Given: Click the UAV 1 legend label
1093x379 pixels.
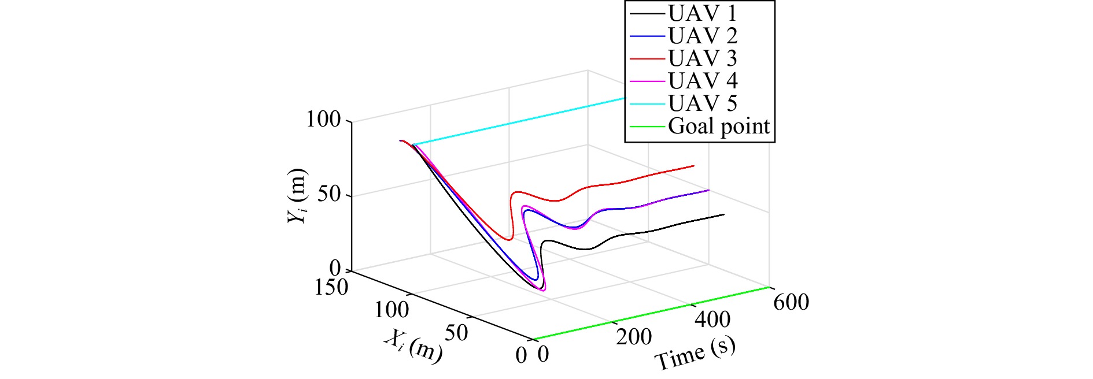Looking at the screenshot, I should click(702, 13).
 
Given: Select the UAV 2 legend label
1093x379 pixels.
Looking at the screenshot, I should click(702, 36).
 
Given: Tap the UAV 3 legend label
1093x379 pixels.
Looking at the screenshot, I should click(702, 58).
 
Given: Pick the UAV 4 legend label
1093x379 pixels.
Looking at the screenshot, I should click(702, 81).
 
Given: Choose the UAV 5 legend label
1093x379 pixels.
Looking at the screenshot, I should click(702, 103).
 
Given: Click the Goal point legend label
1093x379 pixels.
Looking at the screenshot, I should click(719, 126).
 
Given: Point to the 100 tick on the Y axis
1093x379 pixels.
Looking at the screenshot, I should click(324, 120).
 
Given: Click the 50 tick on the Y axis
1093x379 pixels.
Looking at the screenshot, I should click(330, 194).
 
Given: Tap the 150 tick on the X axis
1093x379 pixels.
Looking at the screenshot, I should click(331, 287).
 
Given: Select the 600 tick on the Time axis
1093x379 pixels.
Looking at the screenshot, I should click(791, 302).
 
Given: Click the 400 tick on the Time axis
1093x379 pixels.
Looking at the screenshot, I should click(712, 319).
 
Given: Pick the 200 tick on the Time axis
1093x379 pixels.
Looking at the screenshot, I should click(634, 337).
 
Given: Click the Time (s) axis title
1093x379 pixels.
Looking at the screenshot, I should click(695, 353).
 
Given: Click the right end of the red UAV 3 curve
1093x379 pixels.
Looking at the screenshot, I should click(693, 166).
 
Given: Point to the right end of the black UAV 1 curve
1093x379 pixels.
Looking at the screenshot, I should click(723, 214).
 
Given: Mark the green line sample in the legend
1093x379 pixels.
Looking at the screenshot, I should click(647, 126).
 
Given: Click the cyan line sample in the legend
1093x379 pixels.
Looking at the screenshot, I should click(647, 103).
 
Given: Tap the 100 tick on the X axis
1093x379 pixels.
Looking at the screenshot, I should click(392, 310).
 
